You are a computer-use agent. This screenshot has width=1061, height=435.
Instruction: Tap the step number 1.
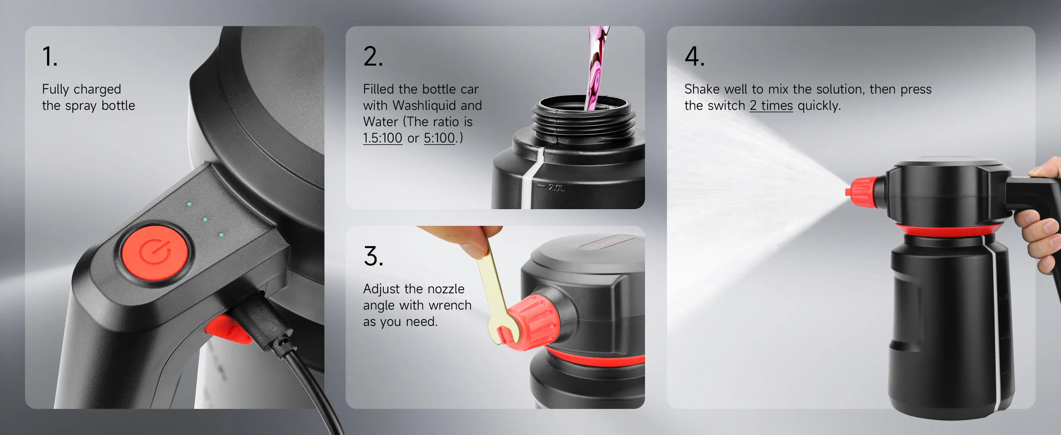pos(49,57)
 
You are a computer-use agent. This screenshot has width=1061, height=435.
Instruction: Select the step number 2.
pos(373,57)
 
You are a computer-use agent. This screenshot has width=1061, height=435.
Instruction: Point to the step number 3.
pos(373,256)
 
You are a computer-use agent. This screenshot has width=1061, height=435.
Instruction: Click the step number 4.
pos(694,57)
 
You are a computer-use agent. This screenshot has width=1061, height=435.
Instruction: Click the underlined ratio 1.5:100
pos(383,138)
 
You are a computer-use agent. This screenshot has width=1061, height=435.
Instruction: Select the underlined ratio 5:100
pos(440,138)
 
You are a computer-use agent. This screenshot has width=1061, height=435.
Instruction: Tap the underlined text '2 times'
pos(771,105)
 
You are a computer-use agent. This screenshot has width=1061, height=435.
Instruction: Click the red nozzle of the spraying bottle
pos(863,192)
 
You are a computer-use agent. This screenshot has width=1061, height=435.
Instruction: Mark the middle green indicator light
pos(205,220)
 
